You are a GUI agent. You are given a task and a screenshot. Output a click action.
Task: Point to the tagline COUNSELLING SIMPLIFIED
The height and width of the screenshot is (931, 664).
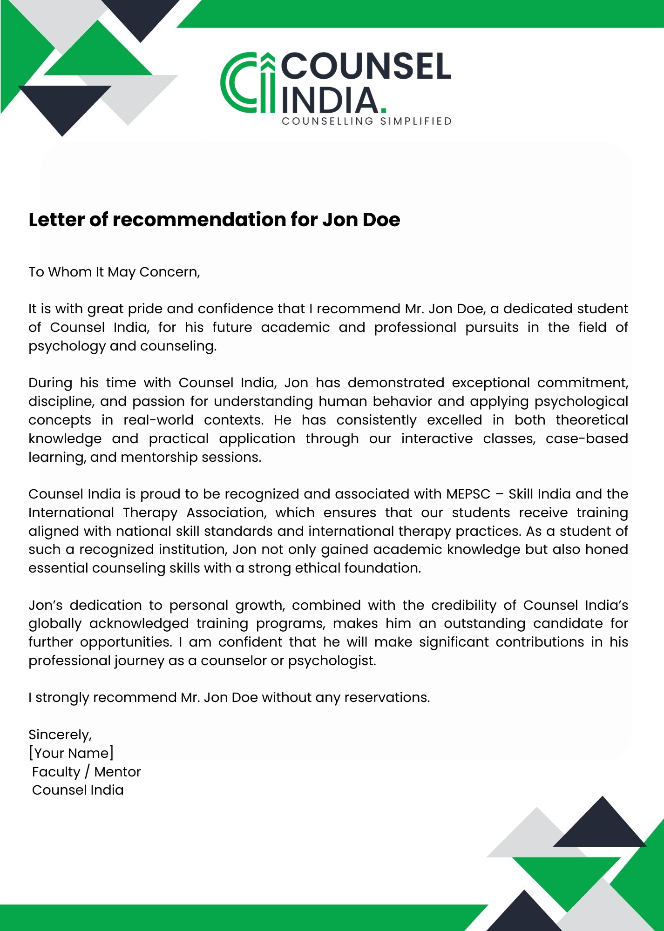coord(366,121)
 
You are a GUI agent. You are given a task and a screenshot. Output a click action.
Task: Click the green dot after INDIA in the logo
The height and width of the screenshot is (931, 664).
coord(383,110)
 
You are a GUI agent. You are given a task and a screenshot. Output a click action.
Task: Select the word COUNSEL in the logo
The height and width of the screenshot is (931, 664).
coord(366,66)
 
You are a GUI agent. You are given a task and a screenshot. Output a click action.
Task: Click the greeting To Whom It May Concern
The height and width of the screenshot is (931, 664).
coord(114,272)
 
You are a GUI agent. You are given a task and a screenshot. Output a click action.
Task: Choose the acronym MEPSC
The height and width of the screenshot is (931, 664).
coord(468,494)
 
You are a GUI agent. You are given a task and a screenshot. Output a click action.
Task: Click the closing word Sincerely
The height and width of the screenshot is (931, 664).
coord(60,735)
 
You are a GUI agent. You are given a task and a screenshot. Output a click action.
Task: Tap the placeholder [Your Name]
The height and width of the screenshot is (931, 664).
coord(71,753)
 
